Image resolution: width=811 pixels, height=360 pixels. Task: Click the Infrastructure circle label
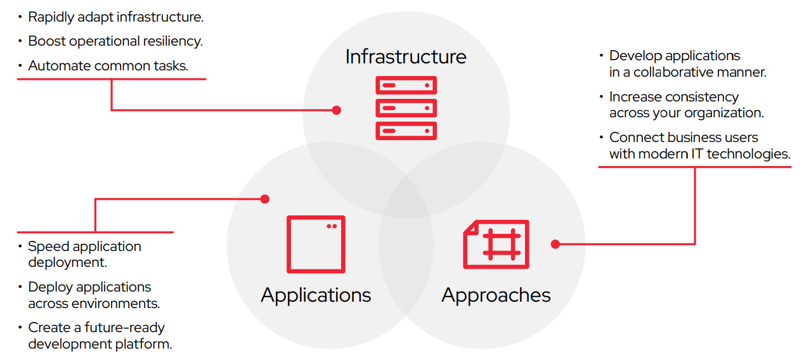point(406,56)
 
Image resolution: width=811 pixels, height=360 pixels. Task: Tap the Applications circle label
point(316,295)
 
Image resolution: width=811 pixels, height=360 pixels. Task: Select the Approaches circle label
point(496,295)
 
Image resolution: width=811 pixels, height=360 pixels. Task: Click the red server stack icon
point(406,108)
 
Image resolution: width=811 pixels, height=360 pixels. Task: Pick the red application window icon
point(316,244)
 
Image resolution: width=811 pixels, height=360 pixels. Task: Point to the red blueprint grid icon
point(496,244)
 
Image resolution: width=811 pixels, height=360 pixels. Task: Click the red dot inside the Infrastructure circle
point(337,110)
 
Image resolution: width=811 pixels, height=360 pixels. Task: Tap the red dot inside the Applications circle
point(265,199)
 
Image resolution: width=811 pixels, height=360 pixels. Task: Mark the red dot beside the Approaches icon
point(555,244)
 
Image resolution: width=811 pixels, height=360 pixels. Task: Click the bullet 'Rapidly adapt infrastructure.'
point(115,17)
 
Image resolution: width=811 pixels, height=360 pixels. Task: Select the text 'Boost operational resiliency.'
point(115,41)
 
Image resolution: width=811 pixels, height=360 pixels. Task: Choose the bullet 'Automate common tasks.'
point(108,65)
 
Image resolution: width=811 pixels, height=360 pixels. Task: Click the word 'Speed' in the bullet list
point(46,247)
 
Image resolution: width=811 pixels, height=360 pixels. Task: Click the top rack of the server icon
point(406,85)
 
